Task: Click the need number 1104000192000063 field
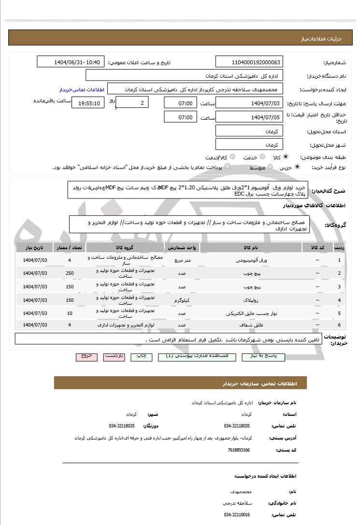pos(249,62)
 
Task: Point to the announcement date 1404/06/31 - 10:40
pos(71,62)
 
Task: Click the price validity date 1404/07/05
pos(249,117)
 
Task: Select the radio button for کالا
pos(286,157)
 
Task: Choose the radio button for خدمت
pos(261,157)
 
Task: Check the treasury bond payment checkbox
pos(227,167)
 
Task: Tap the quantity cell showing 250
pos(70,273)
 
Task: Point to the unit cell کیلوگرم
pos(182,300)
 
